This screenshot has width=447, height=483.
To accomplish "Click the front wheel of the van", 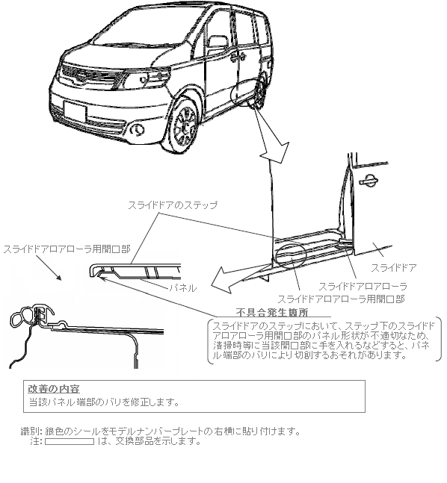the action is tap(185, 125).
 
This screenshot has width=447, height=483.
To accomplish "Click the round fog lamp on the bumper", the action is tap(138, 130).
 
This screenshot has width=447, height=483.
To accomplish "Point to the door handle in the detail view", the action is tap(369, 181).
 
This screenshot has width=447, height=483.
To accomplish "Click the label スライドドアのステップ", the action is tap(173, 205).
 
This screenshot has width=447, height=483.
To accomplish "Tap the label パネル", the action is tap(182, 288).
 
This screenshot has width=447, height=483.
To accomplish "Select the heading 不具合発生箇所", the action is tap(272, 312).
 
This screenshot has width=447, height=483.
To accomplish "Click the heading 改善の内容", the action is tap(54, 389).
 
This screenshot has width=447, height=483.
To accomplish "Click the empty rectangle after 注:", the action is tap(70, 441).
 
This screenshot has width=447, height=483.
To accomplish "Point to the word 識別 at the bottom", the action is tap(29, 431).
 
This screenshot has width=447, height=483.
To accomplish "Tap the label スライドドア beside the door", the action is tap(393, 268).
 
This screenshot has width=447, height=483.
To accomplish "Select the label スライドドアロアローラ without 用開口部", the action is tap(363, 287).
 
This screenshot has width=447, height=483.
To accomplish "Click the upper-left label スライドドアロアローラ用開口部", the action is tap(67, 249).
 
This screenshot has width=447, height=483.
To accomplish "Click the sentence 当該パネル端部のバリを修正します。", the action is tap(104, 402).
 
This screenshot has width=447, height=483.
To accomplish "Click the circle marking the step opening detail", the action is tap(291, 255).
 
